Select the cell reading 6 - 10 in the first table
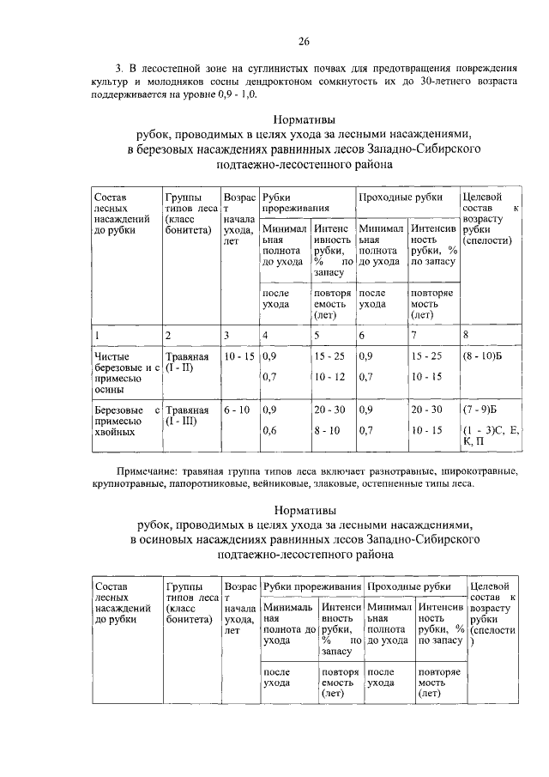point(235,410)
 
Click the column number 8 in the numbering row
point(466,334)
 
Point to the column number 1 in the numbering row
point(97,334)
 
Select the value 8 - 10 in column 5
point(328,429)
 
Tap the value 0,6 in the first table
point(269,429)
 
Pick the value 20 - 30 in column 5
point(330,410)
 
